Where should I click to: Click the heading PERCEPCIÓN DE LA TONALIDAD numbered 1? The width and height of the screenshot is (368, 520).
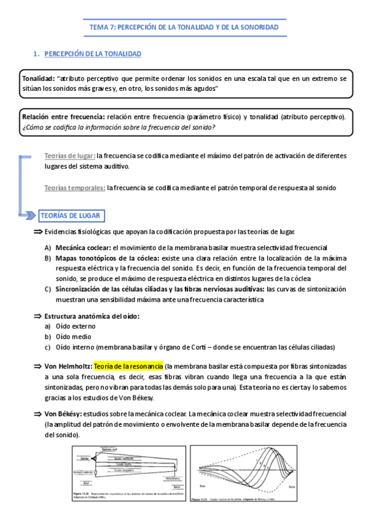[93, 55]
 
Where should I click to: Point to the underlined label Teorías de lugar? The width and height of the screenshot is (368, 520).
[69, 156]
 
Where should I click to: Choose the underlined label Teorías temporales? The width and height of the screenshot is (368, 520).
[75, 188]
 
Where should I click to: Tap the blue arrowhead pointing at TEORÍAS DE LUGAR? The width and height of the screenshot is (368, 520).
[29, 215]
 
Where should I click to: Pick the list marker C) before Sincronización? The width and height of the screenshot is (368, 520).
[47, 289]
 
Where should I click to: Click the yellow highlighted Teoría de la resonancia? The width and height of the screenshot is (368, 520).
[129, 366]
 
